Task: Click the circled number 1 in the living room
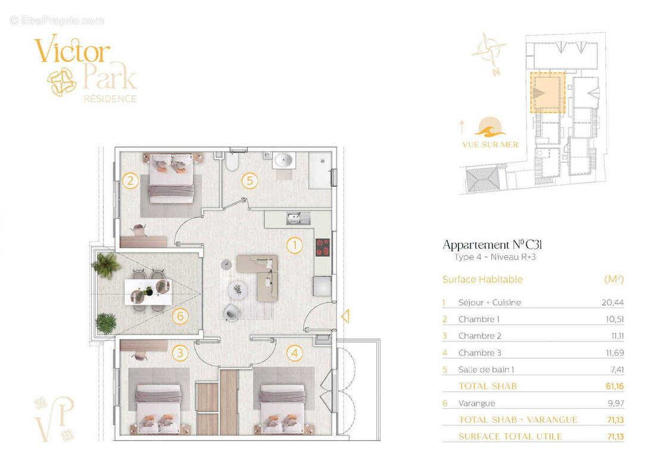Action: pyautogui.click(x=294, y=245)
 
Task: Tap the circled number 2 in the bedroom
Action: pyautogui.click(x=130, y=180)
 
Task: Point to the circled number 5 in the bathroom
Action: pyautogui.click(x=249, y=180)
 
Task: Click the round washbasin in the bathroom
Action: pyautogui.click(x=283, y=160)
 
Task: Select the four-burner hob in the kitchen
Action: pyautogui.click(x=322, y=248)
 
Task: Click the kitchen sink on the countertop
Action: pyautogui.click(x=294, y=218)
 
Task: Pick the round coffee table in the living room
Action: pyautogui.click(x=239, y=290)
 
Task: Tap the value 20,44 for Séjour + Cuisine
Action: pyautogui.click(x=612, y=302)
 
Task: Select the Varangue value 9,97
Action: pyautogui.click(x=614, y=403)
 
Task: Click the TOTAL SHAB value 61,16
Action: pyautogui.click(x=613, y=386)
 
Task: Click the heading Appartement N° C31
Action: pyautogui.click(x=492, y=245)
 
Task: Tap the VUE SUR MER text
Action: pyautogui.click(x=489, y=145)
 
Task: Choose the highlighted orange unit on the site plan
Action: pyautogui.click(x=547, y=93)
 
